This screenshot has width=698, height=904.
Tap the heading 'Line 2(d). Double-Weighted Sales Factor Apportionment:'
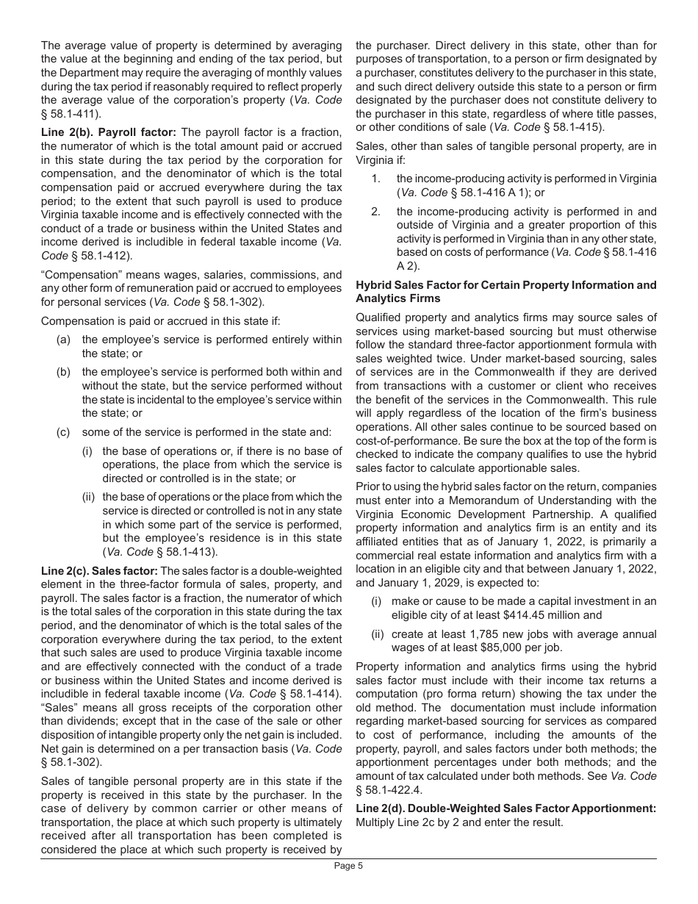click(x=505, y=808)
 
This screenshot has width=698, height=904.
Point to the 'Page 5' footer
click(x=348, y=866)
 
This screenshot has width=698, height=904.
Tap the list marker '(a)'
click(x=64, y=340)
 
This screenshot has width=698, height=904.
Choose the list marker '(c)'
click(x=64, y=431)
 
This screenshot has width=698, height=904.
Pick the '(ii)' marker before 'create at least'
click(x=376, y=634)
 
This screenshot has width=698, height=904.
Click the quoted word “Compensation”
click(x=76, y=274)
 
